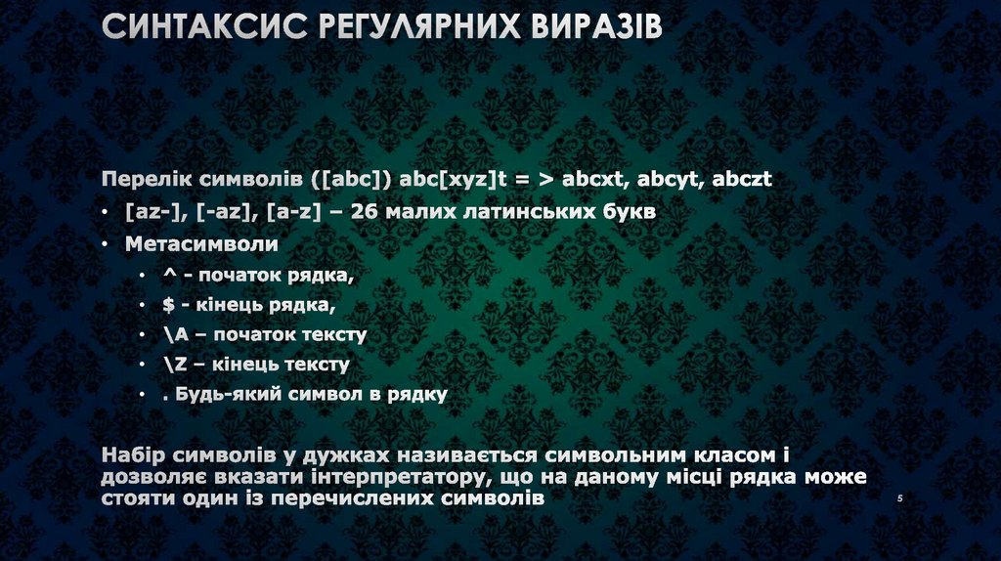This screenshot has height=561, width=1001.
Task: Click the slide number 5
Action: [x=898, y=499]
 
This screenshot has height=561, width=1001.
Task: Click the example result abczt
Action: [x=742, y=180]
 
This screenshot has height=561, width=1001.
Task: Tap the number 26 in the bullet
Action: [x=359, y=212]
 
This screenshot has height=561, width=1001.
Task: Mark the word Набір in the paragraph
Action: [x=133, y=455]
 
